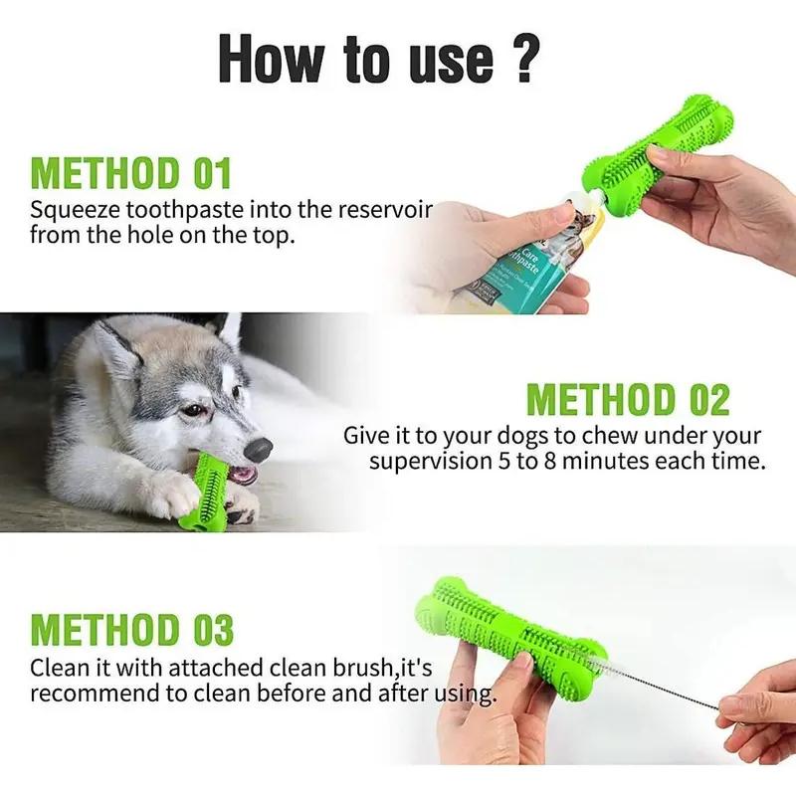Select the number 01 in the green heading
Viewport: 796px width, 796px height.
click(x=212, y=173)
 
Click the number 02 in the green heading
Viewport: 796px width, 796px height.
click(x=708, y=400)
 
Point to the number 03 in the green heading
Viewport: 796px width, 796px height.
click(x=213, y=630)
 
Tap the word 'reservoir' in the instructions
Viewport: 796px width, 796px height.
click(x=385, y=209)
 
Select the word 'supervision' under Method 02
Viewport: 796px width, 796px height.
click(x=430, y=462)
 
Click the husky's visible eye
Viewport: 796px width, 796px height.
click(x=193, y=409)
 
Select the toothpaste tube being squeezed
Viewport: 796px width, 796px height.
click(x=528, y=249)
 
